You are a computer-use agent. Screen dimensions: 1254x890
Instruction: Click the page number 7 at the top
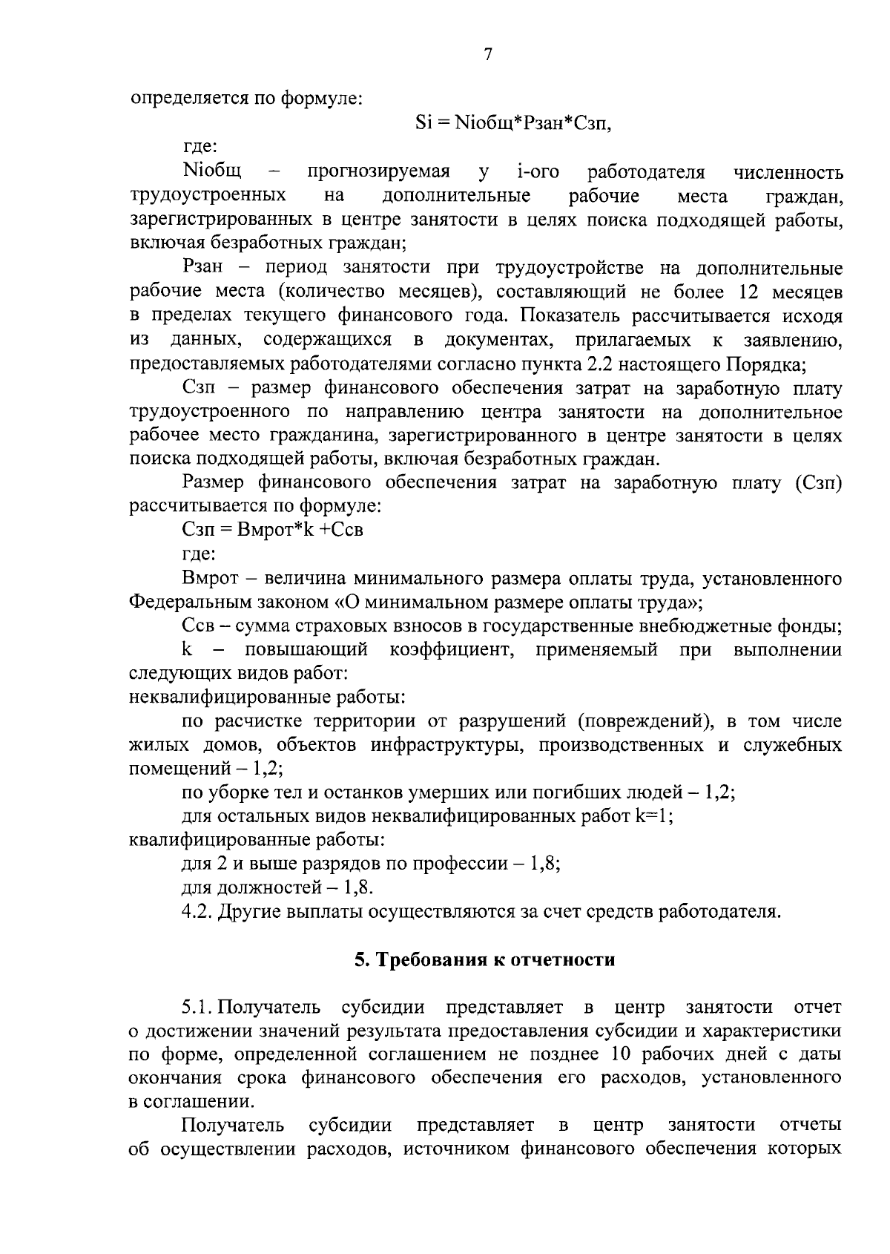[487, 54]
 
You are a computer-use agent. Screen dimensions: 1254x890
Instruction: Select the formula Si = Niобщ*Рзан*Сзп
[515, 123]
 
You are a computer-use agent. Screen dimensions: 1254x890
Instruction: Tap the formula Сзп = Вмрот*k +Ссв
[272, 530]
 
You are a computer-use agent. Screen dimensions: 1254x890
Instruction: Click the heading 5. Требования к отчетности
[484, 959]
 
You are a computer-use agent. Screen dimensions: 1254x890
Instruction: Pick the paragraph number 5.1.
[198, 1007]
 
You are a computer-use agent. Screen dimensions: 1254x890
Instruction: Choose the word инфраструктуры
[443, 744]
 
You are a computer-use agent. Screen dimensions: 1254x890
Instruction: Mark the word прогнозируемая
[379, 172]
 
